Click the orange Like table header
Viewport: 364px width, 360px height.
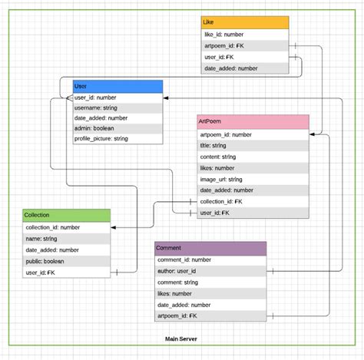[x=245, y=22]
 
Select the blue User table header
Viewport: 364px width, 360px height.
[x=117, y=86]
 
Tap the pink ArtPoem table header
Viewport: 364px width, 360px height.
[x=253, y=121]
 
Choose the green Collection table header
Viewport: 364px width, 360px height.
[x=66, y=215]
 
